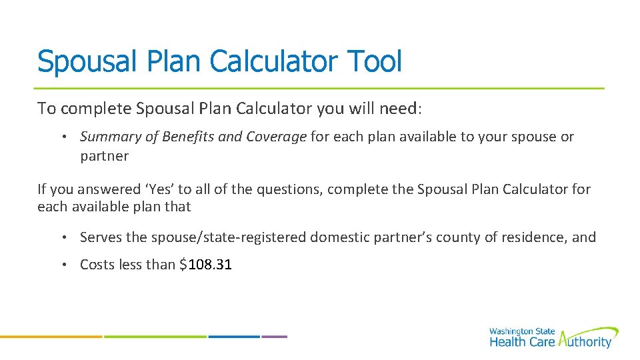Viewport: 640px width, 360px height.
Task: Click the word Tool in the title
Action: point(375,61)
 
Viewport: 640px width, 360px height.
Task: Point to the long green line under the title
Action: point(319,88)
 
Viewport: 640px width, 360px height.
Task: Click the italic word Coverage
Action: point(276,137)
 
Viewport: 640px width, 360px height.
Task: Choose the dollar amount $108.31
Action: point(205,265)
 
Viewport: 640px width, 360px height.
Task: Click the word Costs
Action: point(98,265)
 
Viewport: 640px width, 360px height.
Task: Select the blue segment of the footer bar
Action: point(233,337)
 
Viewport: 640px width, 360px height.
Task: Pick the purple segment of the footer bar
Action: point(274,337)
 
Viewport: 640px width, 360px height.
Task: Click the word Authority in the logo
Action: point(585,342)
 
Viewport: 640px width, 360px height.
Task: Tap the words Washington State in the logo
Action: point(521,331)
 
